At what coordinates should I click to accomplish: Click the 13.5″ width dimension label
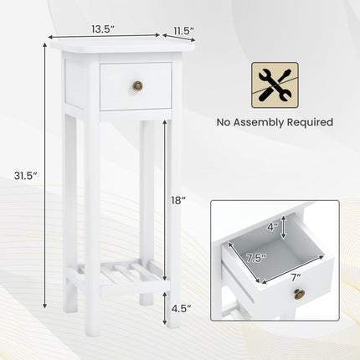[103, 28]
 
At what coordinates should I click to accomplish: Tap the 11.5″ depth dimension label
[183, 30]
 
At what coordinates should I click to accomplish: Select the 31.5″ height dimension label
[26, 176]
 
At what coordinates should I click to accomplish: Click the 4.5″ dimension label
[182, 308]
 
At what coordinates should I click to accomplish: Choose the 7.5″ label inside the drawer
[256, 259]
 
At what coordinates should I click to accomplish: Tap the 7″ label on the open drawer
[296, 277]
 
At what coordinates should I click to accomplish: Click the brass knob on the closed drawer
[137, 85]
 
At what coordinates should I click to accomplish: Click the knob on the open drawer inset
[299, 294]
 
